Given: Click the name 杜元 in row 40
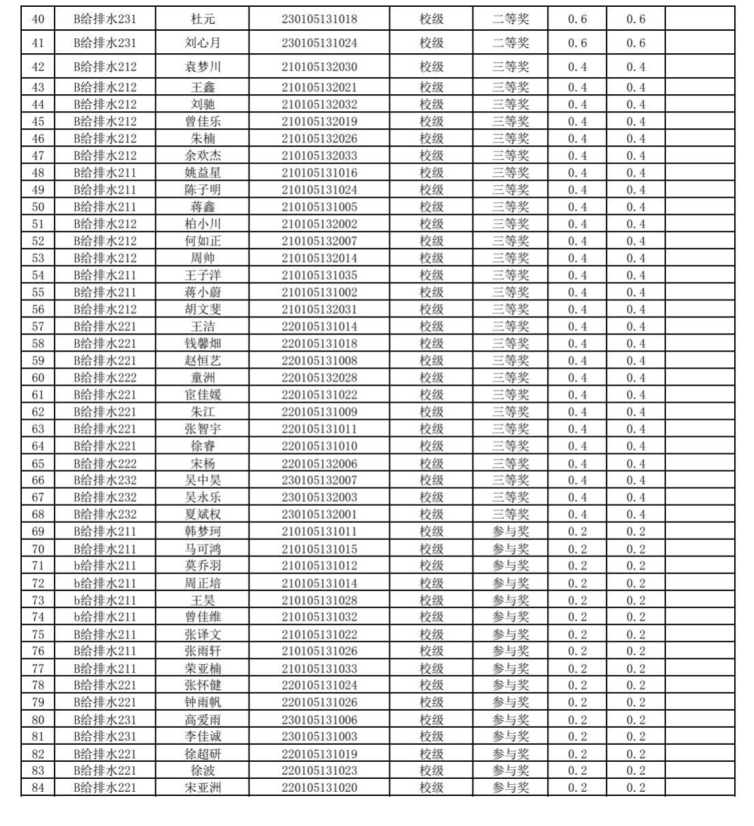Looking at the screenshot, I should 203,19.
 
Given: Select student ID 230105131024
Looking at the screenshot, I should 319,43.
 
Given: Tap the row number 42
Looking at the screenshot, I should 38,67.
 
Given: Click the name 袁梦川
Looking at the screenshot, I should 203,67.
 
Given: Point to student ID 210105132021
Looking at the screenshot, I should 319,87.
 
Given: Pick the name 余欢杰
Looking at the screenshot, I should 203,156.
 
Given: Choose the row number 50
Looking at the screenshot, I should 38,207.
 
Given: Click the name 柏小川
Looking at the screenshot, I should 203,224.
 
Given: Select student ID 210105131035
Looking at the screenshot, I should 319,275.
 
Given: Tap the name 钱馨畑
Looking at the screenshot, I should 203,343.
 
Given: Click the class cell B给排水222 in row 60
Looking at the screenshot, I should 105,378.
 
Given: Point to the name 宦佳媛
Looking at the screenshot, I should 203,395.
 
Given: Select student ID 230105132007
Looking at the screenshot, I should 319,481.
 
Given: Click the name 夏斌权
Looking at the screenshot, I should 203,515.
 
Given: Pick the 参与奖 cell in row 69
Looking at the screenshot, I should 510,532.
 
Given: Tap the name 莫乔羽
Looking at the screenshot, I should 203,566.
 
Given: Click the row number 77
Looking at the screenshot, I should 38,668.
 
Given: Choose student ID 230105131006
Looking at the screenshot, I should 319,720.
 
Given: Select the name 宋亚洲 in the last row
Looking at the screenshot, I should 203,788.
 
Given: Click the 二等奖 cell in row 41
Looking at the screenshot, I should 510,43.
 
